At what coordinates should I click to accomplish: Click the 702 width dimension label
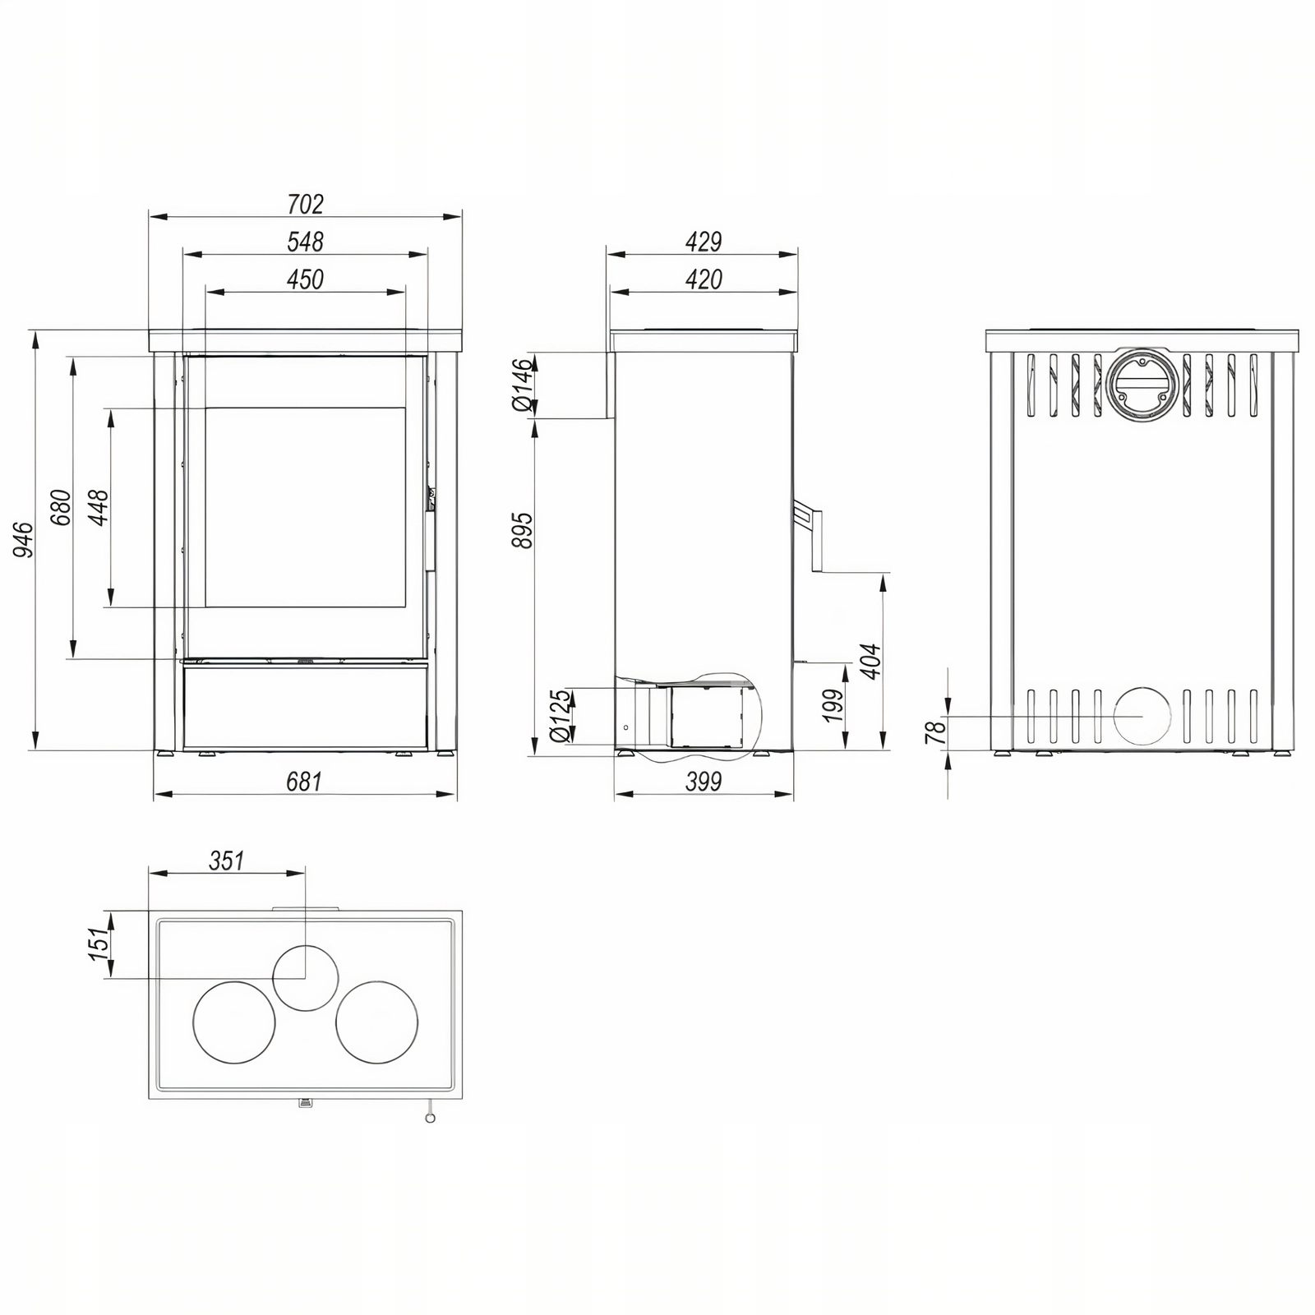(x=306, y=203)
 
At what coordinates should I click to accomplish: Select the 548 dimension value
(x=306, y=242)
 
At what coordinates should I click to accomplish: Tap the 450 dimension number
(x=306, y=279)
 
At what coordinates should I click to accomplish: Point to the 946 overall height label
(x=25, y=540)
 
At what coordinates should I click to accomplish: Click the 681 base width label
(x=304, y=782)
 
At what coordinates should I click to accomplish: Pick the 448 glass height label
(x=99, y=508)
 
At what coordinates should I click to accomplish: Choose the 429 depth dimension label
(x=704, y=242)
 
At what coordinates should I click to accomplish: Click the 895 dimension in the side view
(x=523, y=531)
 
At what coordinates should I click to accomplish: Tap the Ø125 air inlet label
(x=560, y=716)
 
